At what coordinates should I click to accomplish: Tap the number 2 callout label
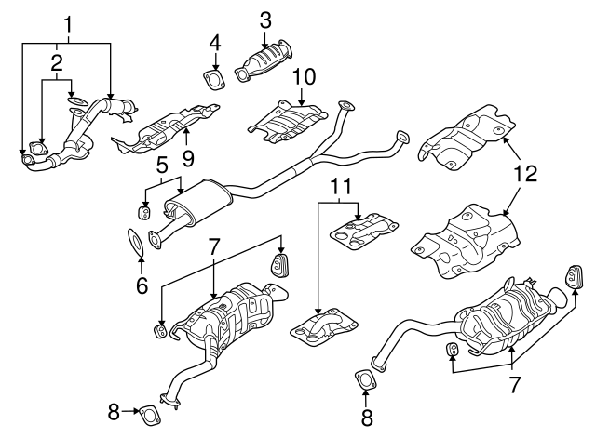tap(57, 62)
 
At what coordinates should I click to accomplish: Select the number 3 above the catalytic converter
tap(265, 19)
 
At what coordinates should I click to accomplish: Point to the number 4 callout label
tap(215, 42)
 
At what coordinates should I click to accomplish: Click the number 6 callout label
tap(142, 285)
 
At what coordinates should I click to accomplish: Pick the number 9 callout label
tap(187, 159)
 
